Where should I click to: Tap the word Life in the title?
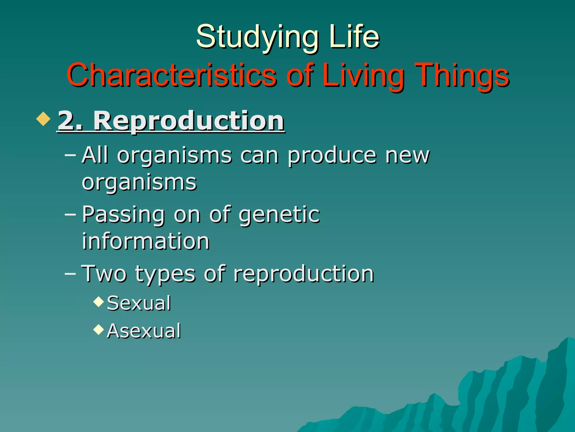pos(354,37)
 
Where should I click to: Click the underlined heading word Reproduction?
pos(189,121)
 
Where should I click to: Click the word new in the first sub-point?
pos(407,155)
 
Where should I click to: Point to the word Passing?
pos(123,214)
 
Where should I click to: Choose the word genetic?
pos(279,214)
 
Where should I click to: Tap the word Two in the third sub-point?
pos(104,273)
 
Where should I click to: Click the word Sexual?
pos(139,303)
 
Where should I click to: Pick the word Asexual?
pos(143,331)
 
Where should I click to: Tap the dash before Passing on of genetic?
pos(70,214)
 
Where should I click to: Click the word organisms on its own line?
pos(139,182)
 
